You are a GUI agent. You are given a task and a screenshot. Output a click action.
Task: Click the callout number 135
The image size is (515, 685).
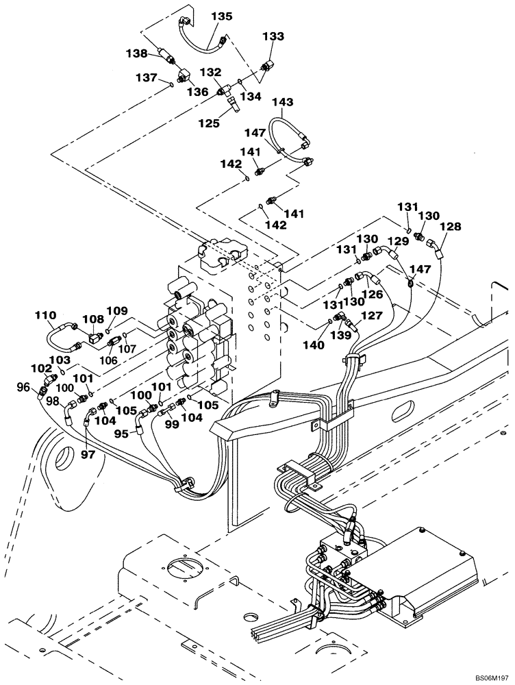(222, 15)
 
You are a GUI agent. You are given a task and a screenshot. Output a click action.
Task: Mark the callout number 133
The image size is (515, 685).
(273, 36)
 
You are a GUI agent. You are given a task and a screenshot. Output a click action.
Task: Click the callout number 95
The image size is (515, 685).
(121, 433)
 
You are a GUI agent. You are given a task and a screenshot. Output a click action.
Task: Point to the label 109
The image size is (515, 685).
(116, 310)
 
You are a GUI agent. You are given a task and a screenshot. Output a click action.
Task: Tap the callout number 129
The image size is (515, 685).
(399, 241)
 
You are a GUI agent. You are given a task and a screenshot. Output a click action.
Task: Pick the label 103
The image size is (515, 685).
(60, 359)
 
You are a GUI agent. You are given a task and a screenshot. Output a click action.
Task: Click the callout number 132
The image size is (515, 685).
(210, 72)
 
